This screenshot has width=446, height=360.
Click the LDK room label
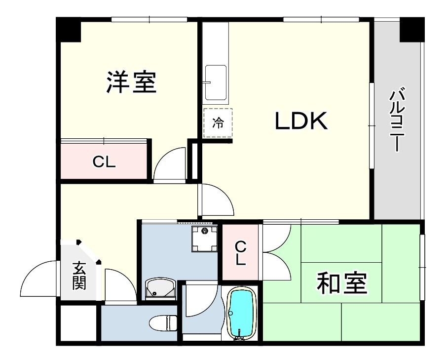(x=301, y=121)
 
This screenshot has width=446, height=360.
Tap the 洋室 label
(x=131, y=82)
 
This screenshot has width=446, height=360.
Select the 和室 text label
(x=342, y=283)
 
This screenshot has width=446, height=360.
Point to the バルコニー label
(x=396, y=120)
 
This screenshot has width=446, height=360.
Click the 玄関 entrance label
(x=79, y=276)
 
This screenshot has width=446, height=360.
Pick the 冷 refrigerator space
(x=218, y=123)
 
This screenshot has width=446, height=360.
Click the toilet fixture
(x=163, y=323)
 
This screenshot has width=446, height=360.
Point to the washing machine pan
(x=205, y=239)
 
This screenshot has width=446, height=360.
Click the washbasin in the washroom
(x=160, y=289)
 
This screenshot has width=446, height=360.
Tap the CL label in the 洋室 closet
(x=104, y=162)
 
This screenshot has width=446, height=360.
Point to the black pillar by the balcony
(x=412, y=30)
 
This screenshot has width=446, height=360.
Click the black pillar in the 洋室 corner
(x=69, y=30)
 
